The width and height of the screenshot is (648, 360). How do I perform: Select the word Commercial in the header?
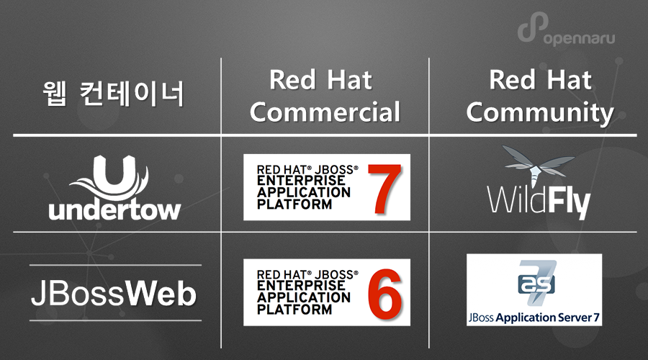(325, 112)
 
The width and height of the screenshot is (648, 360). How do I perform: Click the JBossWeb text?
(113, 295)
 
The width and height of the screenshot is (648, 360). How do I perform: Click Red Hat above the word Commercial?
(320, 80)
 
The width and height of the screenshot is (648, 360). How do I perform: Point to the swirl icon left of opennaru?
(529, 31)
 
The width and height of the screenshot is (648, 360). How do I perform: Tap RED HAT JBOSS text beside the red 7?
(306, 170)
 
